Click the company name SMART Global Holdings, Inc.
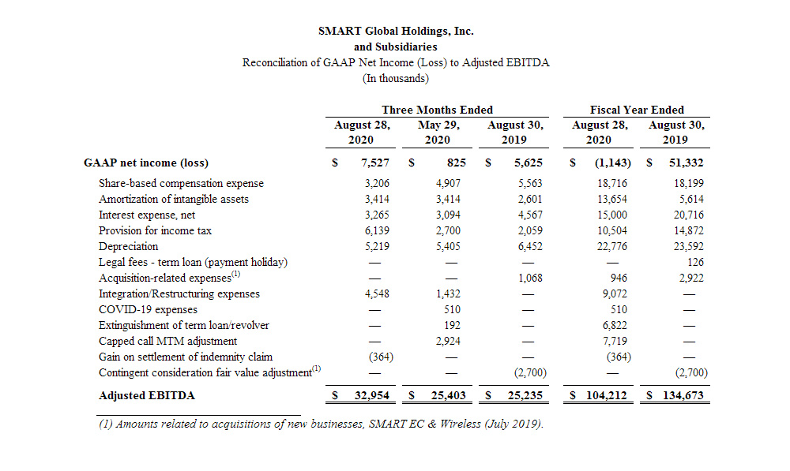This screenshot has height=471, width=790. pyautogui.click(x=396, y=32)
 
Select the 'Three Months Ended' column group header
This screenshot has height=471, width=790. pyautogui.click(x=437, y=110)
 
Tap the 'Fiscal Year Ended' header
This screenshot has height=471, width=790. pyautogui.click(x=637, y=110)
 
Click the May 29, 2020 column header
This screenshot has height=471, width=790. pyautogui.click(x=438, y=133)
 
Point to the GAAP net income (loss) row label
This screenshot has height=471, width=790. pyautogui.click(x=146, y=163)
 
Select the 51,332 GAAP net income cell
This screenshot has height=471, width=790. pyautogui.click(x=687, y=163)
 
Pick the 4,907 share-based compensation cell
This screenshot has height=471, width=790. pyautogui.click(x=448, y=183)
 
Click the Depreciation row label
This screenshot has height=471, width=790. pyautogui.click(x=129, y=247)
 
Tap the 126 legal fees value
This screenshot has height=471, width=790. pyautogui.click(x=695, y=262)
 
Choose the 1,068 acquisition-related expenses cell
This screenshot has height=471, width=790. pyautogui.click(x=530, y=278)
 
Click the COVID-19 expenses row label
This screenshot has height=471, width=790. pyautogui.click(x=149, y=309)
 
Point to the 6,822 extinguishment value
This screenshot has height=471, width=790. pyautogui.click(x=615, y=325)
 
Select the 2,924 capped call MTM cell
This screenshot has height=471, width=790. pyautogui.click(x=448, y=341)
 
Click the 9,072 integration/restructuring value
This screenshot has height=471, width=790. pyautogui.click(x=615, y=293)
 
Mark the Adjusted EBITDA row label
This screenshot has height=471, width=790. pyautogui.click(x=147, y=395)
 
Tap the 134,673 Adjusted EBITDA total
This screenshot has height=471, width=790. pyautogui.click(x=683, y=395)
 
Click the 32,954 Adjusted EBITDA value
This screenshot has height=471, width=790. pyautogui.click(x=372, y=395)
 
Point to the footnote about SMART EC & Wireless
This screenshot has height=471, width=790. pyautogui.click(x=321, y=424)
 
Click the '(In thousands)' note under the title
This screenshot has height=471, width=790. pyautogui.click(x=396, y=79)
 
